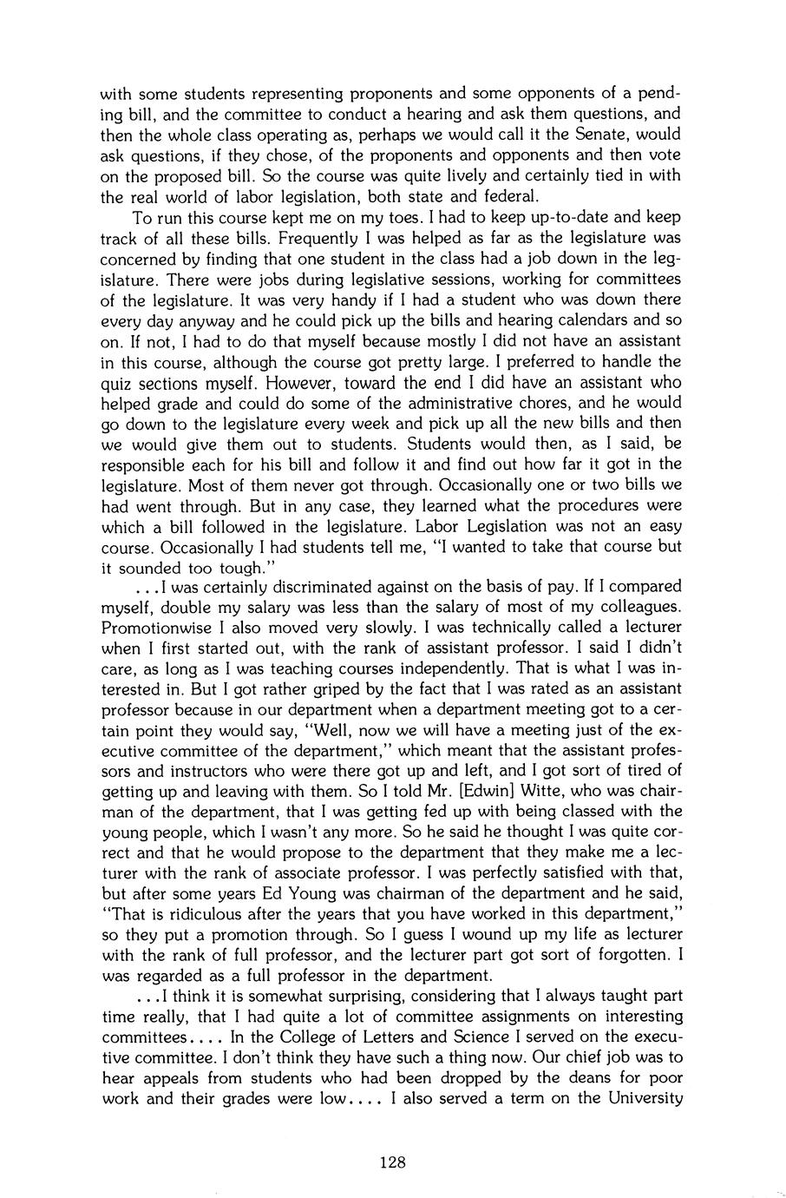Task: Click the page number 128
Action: (x=393, y=1162)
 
